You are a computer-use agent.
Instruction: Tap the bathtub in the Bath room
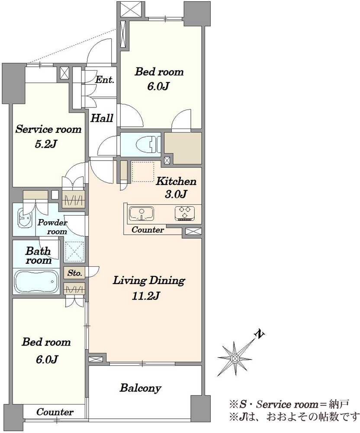pos(36,281)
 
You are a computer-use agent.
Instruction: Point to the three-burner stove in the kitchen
pos(185,213)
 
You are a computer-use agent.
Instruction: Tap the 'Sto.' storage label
pos(75,273)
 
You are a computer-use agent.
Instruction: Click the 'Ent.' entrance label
pos(105,80)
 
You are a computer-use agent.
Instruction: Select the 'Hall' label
pos(102,118)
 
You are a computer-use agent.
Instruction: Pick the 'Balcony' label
pos(141,388)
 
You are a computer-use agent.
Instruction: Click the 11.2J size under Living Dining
pos(146,296)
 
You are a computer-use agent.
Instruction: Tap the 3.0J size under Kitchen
pos(176,194)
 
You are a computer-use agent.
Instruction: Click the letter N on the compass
pos(259,334)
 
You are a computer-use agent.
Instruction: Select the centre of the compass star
pos(235,359)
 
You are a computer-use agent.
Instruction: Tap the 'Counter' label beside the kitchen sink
pos(148,229)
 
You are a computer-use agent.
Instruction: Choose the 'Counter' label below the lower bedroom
pos(55,412)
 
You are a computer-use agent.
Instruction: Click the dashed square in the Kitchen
pos(143,172)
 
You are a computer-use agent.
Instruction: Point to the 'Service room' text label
pos(48,129)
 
